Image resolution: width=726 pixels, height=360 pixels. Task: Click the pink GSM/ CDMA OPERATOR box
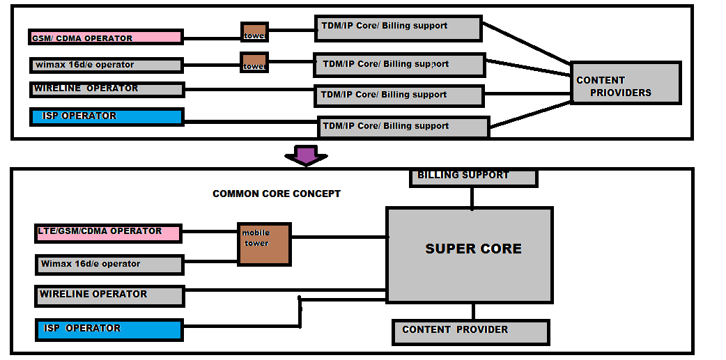tap(106, 37)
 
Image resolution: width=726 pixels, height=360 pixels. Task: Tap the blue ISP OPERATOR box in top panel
tap(107, 116)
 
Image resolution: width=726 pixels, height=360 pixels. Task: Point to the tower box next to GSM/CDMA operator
tap(254, 32)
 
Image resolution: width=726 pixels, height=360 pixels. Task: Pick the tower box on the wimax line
tap(254, 63)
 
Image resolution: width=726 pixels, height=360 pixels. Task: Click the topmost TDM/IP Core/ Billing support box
tap(398, 29)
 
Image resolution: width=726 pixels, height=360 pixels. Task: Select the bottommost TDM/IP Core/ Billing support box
tap(403, 127)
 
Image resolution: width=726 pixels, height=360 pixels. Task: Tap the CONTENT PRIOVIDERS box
tap(625, 84)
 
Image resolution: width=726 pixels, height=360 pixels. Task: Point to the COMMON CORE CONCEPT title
tap(277, 194)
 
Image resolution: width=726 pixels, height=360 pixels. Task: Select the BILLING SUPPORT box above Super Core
tap(473, 177)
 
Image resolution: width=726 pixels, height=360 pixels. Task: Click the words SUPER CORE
tap(473, 249)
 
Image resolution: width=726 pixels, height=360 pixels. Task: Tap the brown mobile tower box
tap(264, 244)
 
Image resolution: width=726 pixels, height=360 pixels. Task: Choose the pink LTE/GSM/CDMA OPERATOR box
tap(108, 233)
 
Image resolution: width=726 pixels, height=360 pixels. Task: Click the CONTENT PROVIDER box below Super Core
tap(471, 332)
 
